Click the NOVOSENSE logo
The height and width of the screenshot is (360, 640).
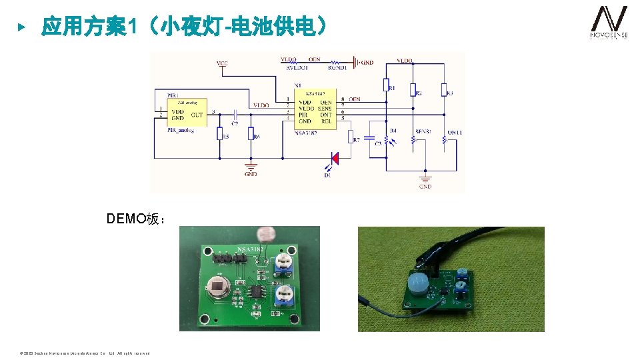609,23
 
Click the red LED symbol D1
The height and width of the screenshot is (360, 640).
335,158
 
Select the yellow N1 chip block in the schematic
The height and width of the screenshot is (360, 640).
314,109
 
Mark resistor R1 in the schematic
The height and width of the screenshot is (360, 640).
385,84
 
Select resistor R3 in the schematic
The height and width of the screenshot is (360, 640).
443,89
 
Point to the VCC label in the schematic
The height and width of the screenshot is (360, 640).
222,63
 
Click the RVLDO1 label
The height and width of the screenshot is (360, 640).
297,67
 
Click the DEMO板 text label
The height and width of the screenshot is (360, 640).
136,219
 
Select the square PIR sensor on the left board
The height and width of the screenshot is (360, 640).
218,288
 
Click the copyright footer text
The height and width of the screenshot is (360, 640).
85,353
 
